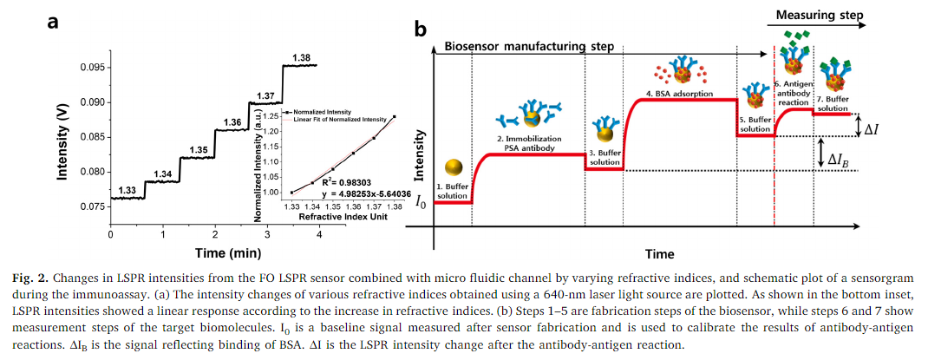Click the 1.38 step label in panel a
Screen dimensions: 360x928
(x=301, y=57)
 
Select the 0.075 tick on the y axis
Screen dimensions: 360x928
(x=93, y=206)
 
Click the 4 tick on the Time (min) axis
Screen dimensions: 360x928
(x=320, y=234)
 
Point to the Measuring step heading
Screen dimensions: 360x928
(x=820, y=15)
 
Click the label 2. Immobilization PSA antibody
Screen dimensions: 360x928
(x=529, y=144)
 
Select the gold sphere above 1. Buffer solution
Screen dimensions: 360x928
(x=453, y=167)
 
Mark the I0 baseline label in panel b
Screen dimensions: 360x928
(x=422, y=202)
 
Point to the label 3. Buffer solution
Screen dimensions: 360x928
(x=605, y=157)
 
